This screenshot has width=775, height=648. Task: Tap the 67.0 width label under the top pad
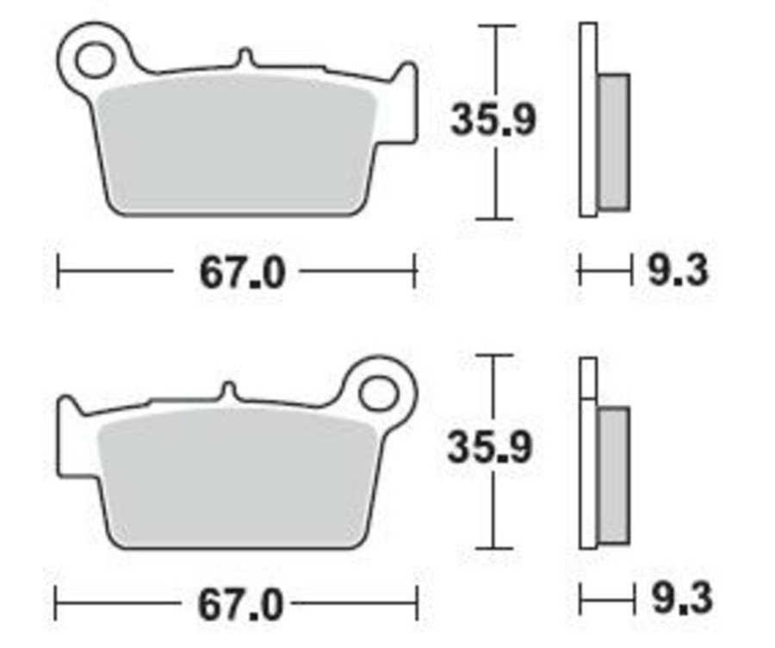241,273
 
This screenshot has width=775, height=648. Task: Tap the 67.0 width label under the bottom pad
240,605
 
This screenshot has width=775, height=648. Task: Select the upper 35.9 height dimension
493,121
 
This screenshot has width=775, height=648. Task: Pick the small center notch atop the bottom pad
227,390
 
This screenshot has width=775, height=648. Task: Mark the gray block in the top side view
613,142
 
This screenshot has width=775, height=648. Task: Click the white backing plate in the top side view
588,121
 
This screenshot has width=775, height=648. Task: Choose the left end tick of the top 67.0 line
58,271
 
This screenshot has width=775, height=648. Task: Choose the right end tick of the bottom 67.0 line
418,603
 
